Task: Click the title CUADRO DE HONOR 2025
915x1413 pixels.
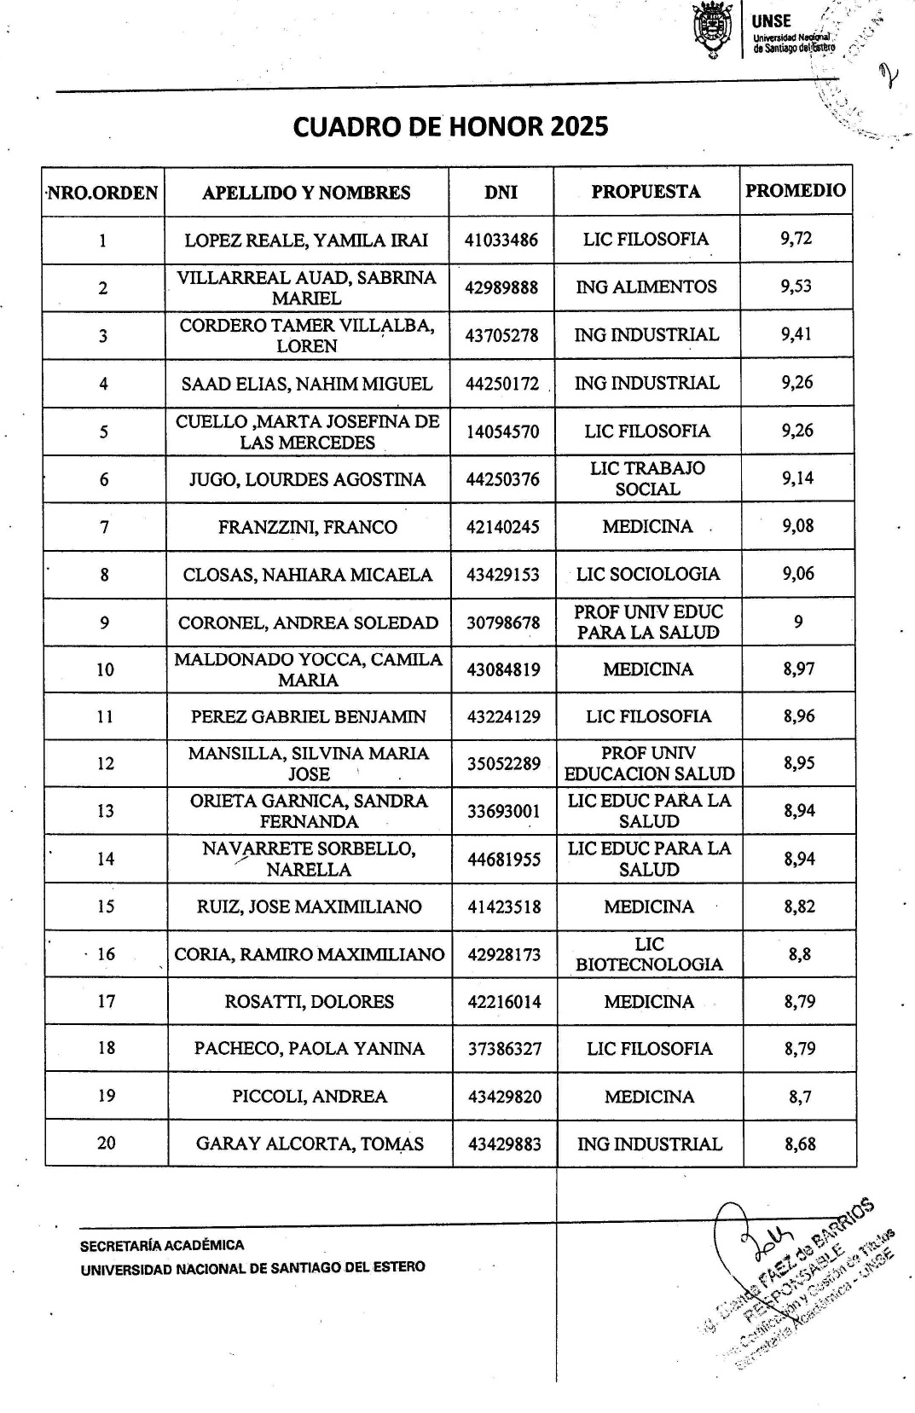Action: tap(450, 127)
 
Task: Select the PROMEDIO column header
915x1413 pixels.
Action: tap(796, 191)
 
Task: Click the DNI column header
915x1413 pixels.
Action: tap(501, 192)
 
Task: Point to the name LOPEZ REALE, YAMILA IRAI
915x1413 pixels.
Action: tap(306, 240)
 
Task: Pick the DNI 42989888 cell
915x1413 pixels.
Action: tap(501, 287)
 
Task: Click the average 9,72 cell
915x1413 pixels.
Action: tap(796, 239)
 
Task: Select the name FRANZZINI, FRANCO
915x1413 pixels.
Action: tap(307, 527)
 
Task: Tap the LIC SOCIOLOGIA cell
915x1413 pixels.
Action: tap(648, 574)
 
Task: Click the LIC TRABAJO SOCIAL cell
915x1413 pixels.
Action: tap(647, 478)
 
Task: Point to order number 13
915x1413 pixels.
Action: tap(106, 811)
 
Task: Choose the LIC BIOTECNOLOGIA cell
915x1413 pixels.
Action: tap(649, 954)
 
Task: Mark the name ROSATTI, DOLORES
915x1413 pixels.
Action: tap(310, 1002)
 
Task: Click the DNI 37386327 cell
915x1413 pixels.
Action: tap(504, 1049)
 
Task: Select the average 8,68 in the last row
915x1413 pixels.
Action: tap(800, 1144)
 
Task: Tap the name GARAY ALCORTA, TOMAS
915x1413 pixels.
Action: tap(310, 1144)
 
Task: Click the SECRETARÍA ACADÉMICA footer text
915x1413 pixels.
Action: tap(162, 1245)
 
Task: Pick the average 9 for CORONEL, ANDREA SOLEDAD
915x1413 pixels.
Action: tap(797, 622)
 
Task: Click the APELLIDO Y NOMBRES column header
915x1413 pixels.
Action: tap(306, 193)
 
